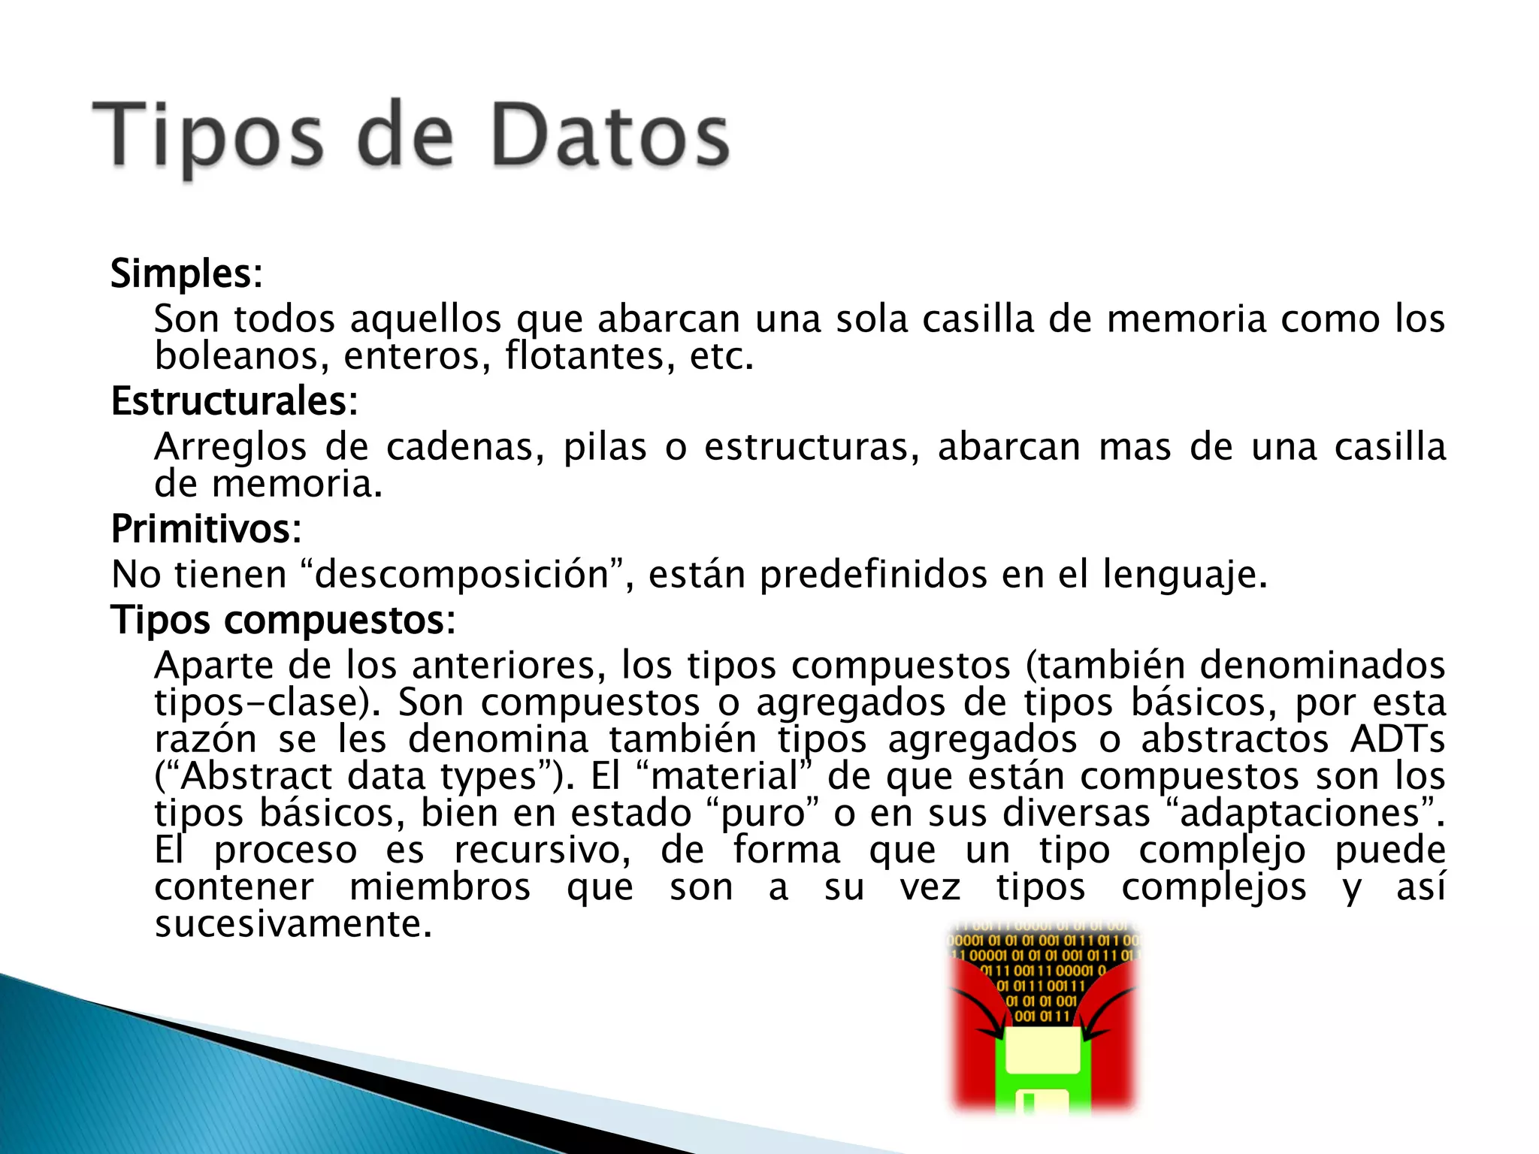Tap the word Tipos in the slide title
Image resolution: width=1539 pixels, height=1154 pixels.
point(209,137)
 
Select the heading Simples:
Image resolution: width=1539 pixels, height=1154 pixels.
point(186,273)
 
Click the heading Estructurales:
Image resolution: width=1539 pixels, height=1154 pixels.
point(234,401)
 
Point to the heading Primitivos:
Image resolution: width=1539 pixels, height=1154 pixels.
point(206,529)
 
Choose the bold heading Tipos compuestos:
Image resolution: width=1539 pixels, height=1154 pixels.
point(283,621)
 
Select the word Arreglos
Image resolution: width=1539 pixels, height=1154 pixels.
point(230,447)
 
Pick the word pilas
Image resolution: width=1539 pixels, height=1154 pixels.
point(605,447)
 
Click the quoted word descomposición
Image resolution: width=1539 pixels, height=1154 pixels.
point(461,575)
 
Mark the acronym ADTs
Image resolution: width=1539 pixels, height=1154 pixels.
point(1398,739)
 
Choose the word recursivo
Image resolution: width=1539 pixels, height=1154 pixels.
point(542,850)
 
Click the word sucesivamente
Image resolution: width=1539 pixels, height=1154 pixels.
point(293,924)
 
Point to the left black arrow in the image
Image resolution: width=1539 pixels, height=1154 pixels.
point(981,1014)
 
